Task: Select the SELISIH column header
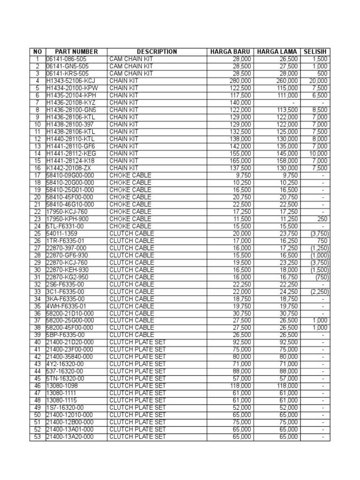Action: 316,52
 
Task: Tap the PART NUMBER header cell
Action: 76,52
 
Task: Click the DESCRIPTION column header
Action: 157,52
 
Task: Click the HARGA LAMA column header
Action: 277,52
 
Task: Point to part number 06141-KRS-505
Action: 67,74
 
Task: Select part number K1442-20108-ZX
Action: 69,168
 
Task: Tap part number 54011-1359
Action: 61,233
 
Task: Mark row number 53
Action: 37,437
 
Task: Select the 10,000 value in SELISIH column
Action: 319,153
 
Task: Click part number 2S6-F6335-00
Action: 66,284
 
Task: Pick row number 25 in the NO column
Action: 37,233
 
